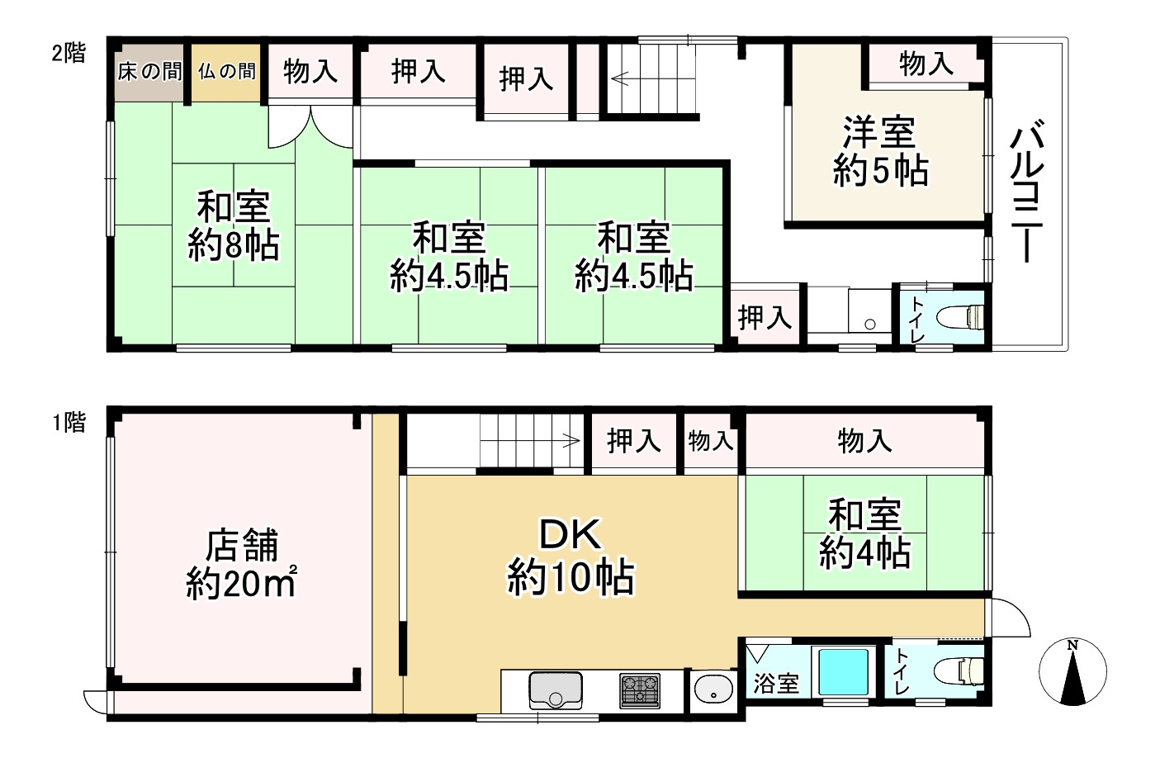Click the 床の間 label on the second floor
click(x=149, y=71)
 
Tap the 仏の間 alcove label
click(x=227, y=71)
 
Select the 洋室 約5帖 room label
click(x=880, y=152)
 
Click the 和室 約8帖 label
click(x=233, y=225)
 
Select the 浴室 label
click(x=776, y=684)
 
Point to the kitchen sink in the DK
click(x=555, y=689)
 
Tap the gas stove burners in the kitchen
click(x=640, y=690)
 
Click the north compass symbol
click(x=1072, y=672)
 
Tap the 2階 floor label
click(x=69, y=54)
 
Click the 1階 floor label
click(x=69, y=423)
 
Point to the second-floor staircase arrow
click(x=620, y=79)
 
